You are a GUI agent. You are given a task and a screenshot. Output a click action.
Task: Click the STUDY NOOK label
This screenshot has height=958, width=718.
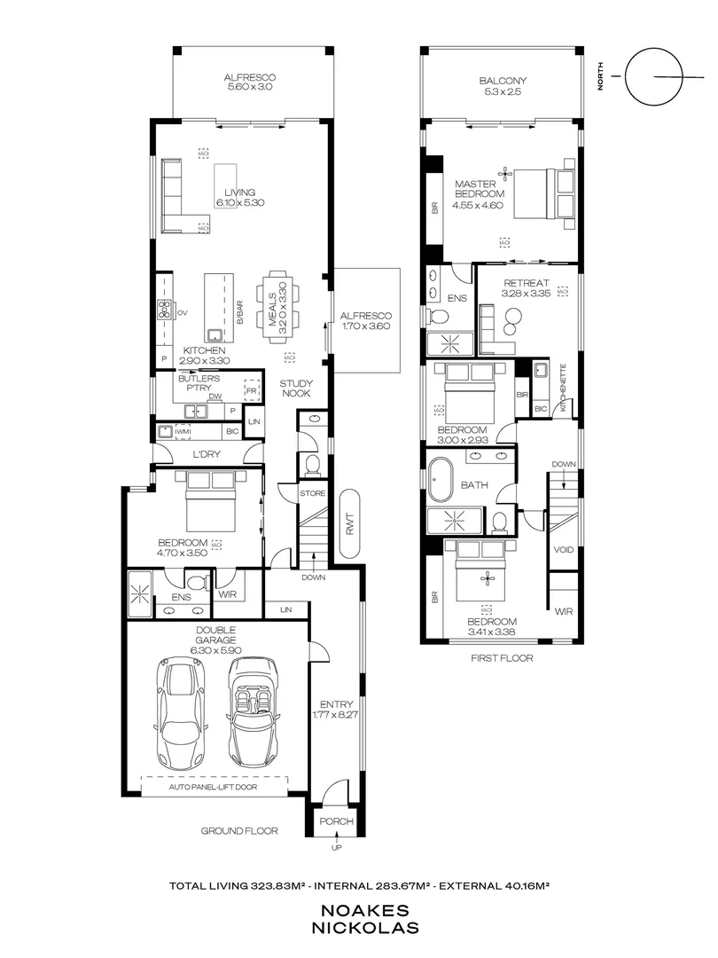pos(294,389)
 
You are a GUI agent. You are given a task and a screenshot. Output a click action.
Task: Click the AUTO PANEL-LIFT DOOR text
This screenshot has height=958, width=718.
pos(215,785)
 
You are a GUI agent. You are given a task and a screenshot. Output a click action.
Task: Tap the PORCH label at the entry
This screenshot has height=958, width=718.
pos(336,821)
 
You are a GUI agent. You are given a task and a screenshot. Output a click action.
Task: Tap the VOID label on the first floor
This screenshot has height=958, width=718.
pos(563,550)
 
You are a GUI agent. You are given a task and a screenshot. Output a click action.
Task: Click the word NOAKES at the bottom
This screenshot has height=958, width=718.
pos(359,910)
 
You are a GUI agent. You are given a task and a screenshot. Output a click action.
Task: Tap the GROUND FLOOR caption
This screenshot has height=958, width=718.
pos(239,831)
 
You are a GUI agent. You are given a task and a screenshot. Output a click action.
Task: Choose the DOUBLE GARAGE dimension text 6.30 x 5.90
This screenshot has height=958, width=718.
pos(215,649)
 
